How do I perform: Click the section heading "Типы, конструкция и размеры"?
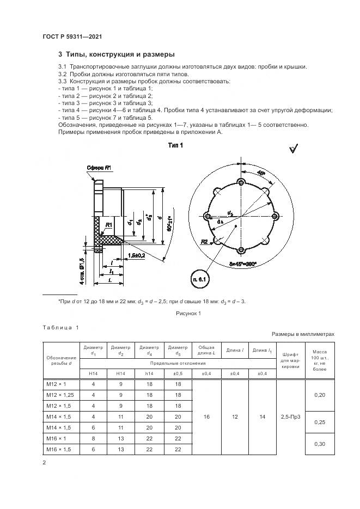[116, 54]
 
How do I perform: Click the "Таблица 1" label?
[60, 327]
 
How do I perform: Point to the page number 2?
[44, 463]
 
